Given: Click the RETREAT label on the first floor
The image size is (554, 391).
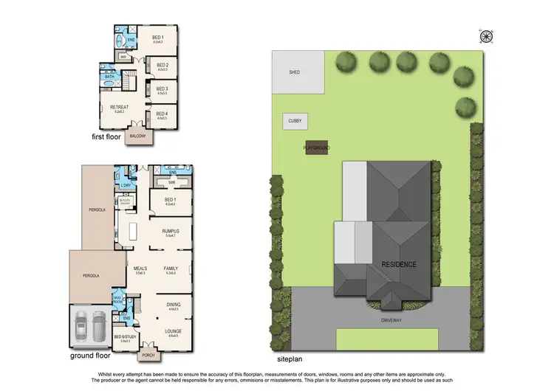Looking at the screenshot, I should click(119, 108).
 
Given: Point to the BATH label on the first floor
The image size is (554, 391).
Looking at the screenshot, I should click(110, 77).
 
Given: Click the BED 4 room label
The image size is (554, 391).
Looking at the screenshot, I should click(161, 114).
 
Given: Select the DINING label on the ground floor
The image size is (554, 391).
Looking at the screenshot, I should click(174, 305).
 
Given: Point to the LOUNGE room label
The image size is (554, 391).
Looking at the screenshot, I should click(174, 330).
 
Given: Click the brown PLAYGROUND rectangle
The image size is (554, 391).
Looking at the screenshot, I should click(316, 148).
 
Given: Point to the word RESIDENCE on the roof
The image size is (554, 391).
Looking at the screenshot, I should click(399, 264).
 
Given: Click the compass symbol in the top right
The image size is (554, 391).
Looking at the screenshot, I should click(486, 35).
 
